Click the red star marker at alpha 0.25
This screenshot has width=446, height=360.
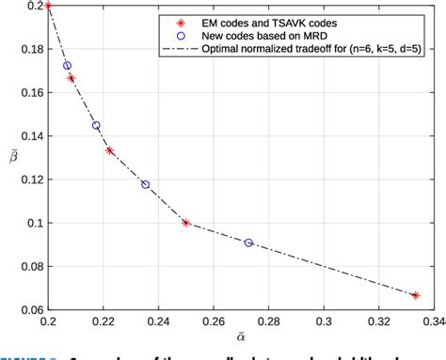186,223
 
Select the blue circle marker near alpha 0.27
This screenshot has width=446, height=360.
248,243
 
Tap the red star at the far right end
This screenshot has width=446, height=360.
415,295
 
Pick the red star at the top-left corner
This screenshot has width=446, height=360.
48,6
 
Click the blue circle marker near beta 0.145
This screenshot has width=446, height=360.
96,125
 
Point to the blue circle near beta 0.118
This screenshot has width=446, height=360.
145,184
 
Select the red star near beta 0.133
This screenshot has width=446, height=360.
109,150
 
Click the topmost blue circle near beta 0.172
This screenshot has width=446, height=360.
67,66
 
